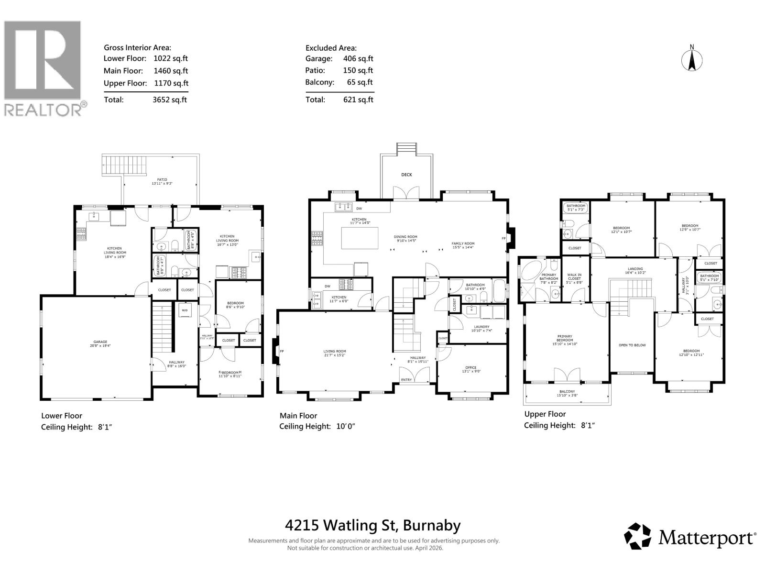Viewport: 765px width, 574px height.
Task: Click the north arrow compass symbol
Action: click(691, 59)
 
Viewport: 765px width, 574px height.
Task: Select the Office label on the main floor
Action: click(470, 367)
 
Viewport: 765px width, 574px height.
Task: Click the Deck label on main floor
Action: click(406, 175)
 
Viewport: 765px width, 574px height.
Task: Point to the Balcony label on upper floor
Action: click(567, 391)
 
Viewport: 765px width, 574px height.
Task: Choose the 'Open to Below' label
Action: click(632, 345)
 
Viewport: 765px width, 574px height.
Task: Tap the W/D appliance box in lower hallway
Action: click(185, 310)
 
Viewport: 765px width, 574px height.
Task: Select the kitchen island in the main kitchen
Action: click(360, 238)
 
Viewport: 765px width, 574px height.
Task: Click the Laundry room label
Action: click(480, 327)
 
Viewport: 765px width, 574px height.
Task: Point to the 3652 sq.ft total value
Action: click(170, 100)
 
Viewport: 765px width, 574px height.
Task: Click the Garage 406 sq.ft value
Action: click(358, 59)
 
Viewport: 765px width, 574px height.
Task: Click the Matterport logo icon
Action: click(637, 536)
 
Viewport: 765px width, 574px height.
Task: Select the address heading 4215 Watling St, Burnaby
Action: click(373, 525)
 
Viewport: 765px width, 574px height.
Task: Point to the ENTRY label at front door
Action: click(406, 380)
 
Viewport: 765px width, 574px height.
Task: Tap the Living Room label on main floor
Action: click(334, 351)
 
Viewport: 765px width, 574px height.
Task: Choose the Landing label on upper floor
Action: click(635, 269)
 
